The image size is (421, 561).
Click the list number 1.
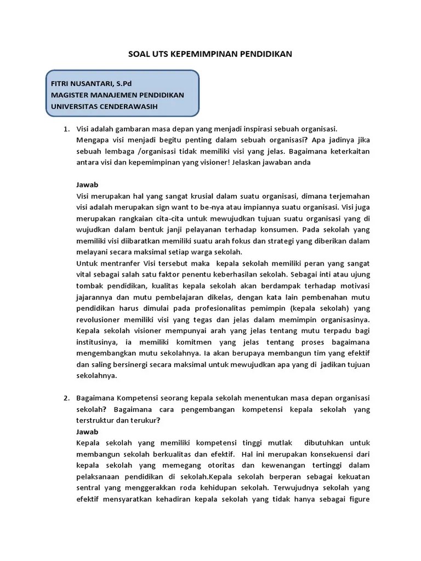tap(66, 129)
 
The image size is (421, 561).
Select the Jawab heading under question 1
tap(87, 185)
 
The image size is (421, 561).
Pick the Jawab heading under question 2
tap(87, 432)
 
